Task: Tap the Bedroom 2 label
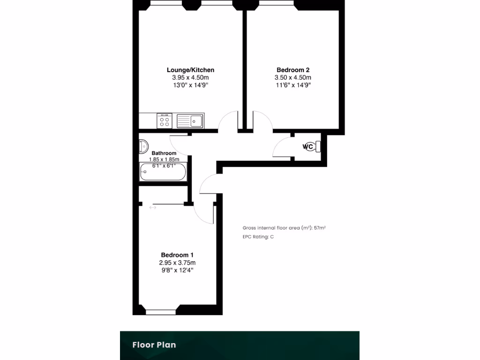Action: (292, 70)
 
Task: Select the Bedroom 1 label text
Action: (177, 255)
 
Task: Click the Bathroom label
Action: (164, 153)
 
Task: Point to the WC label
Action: (307, 147)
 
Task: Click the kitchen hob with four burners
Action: (165, 120)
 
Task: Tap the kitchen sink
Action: (190, 121)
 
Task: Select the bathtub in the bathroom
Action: (163, 172)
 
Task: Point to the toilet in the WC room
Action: (318, 147)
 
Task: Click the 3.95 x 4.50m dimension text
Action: (190, 78)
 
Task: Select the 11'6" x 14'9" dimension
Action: (292, 85)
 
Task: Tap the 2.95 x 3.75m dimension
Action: (177, 262)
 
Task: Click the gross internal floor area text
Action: (284, 228)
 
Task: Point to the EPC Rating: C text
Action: (258, 237)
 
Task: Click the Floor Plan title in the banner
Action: (154, 345)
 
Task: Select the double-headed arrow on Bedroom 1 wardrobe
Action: (153, 208)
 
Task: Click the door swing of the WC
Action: (281, 148)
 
